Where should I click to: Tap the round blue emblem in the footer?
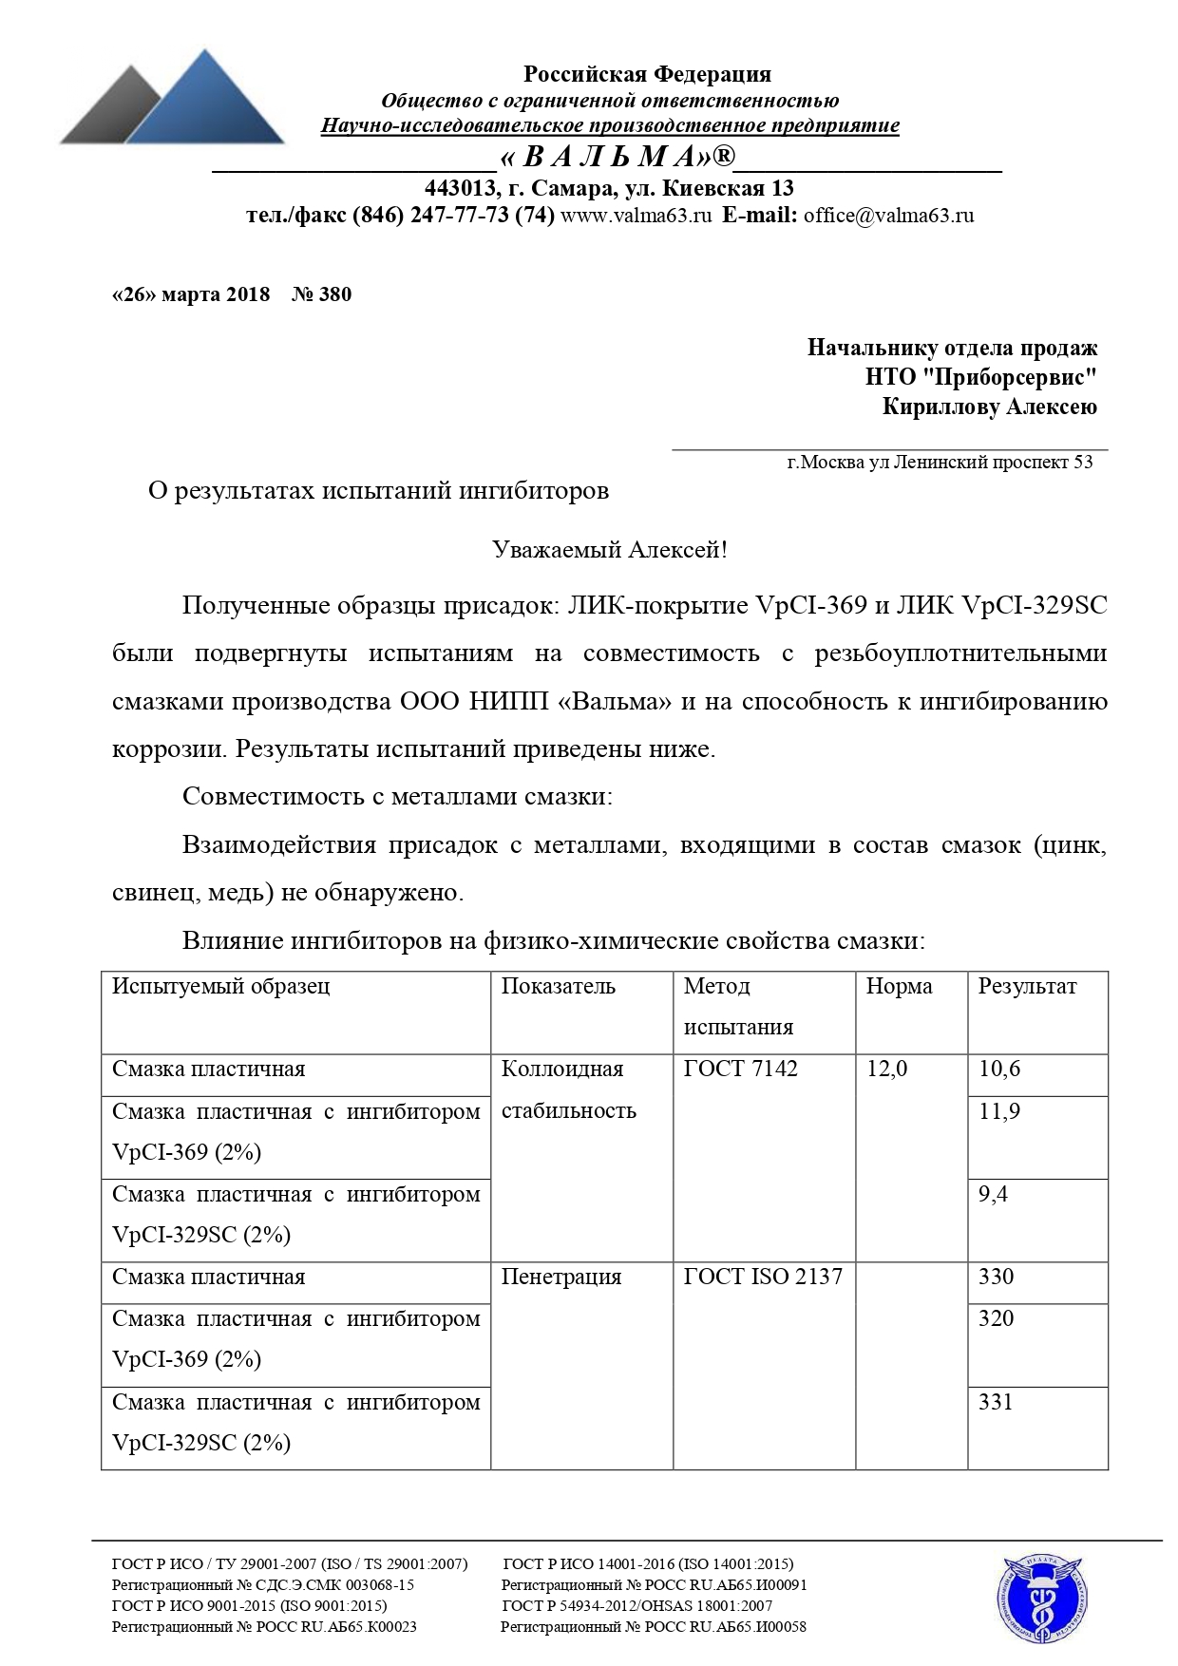pyautogui.click(x=1041, y=1600)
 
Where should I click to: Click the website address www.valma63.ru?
pyautogui.click(x=636, y=216)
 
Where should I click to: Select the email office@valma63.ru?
pyautogui.click(x=888, y=216)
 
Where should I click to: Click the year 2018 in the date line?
pyautogui.click(x=248, y=294)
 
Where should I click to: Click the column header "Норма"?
pyautogui.click(x=899, y=987)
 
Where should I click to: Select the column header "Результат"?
pyautogui.click(x=1027, y=987)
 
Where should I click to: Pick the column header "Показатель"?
pyautogui.click(x=559, y=987)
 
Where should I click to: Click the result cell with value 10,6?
pyautogui.click(x=999, y=1070)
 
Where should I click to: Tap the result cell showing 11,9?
pyautogui.click(x=999, y=1111)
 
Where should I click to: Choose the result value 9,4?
pyautogui.click(x=993, y=1194)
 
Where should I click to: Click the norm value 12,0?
pyautogui.click(x=886, y=1070)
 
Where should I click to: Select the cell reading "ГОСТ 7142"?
pyautogui.click(x=740, y=1070)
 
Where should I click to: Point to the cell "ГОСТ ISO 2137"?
pyautogui.click(x=763, y=1278)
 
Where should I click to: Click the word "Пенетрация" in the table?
pyautogui.click(x=561, y=1278)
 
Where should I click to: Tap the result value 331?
pyautogui.click(x=996, y=1402)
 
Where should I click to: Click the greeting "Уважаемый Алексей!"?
pyautogui.click(x=609, y=550)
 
